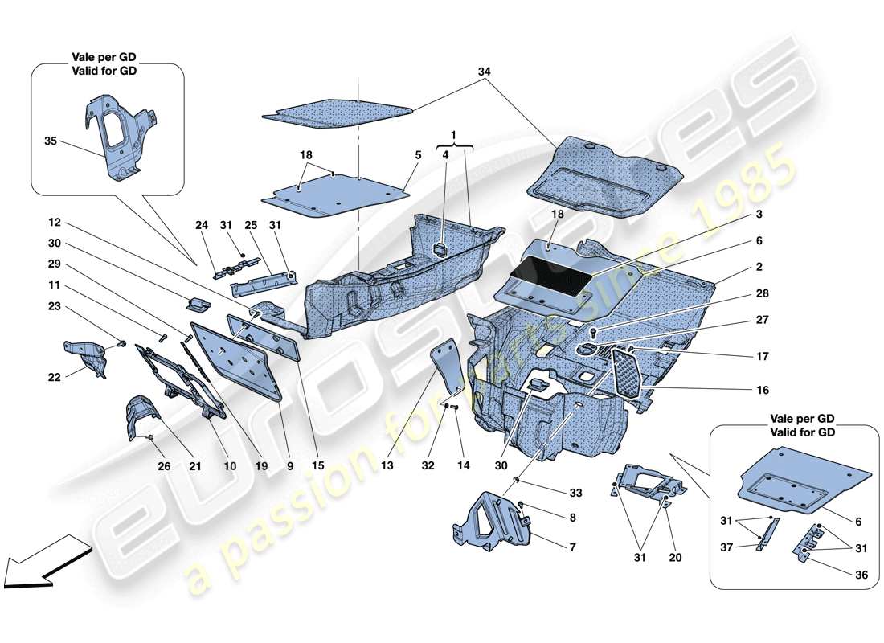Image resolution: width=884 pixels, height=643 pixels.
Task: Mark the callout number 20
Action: (675, 555)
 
